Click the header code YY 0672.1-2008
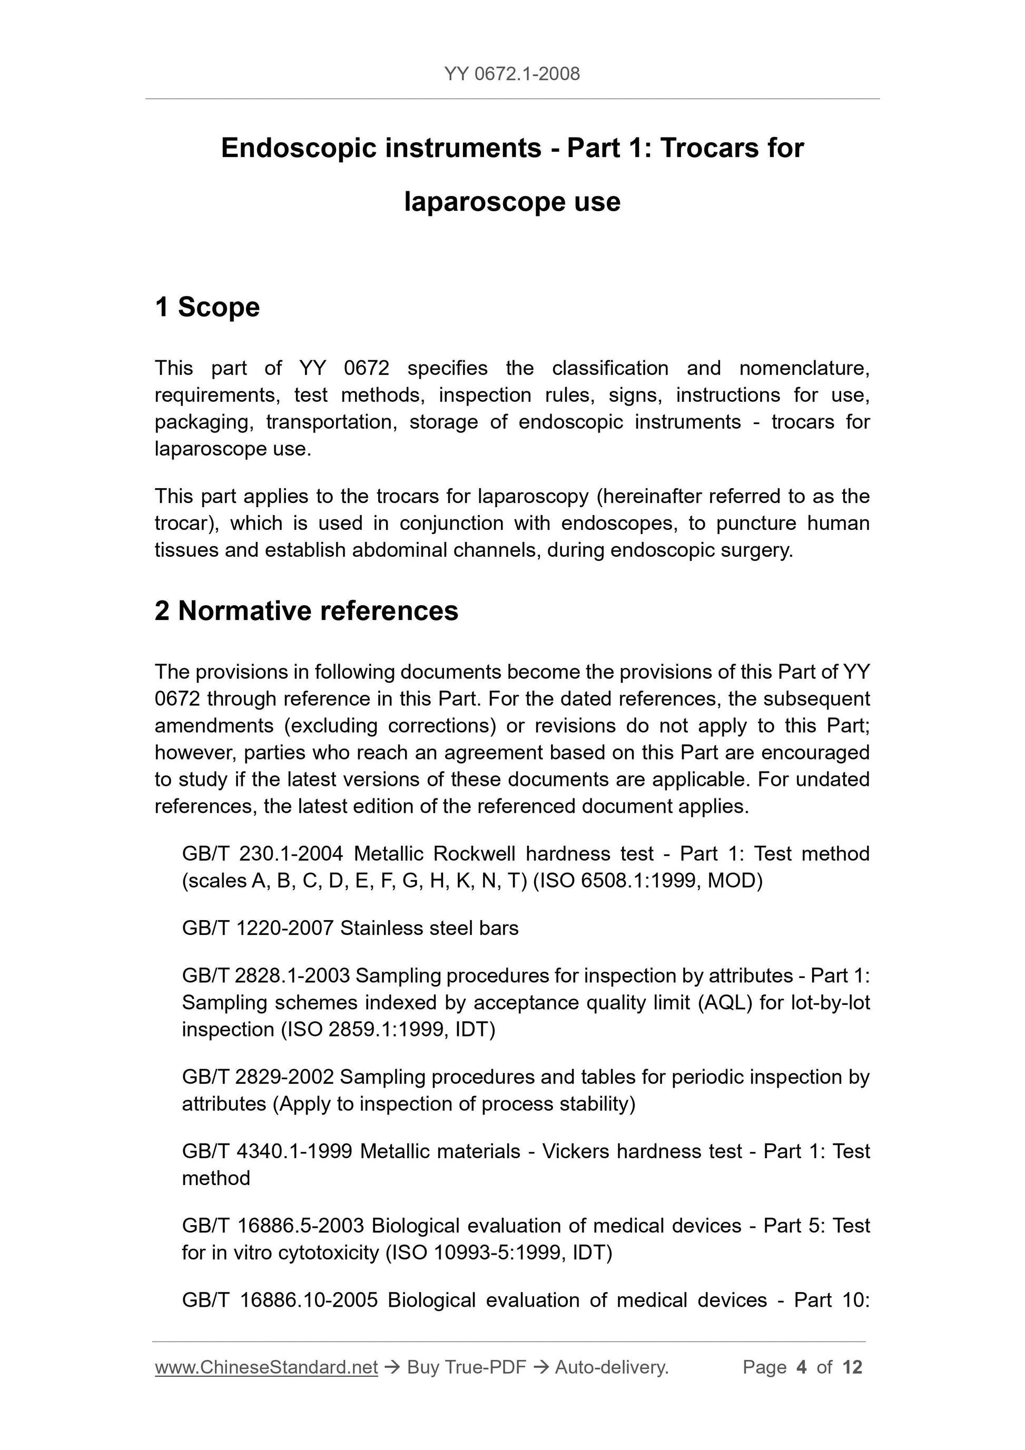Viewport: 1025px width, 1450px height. coord(511,74)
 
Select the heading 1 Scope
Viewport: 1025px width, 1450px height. coord(207,308)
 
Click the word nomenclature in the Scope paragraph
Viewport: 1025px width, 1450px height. coord(804,368)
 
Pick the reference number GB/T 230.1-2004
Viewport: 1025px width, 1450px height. coord(262,854)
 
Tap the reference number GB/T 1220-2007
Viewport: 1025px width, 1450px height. coord(257,929)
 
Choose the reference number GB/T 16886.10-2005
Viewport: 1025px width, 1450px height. coord(279,1300)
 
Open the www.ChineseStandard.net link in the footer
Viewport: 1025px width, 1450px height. coord(266,1367)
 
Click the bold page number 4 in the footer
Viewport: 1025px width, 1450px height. coord(802,1367)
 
